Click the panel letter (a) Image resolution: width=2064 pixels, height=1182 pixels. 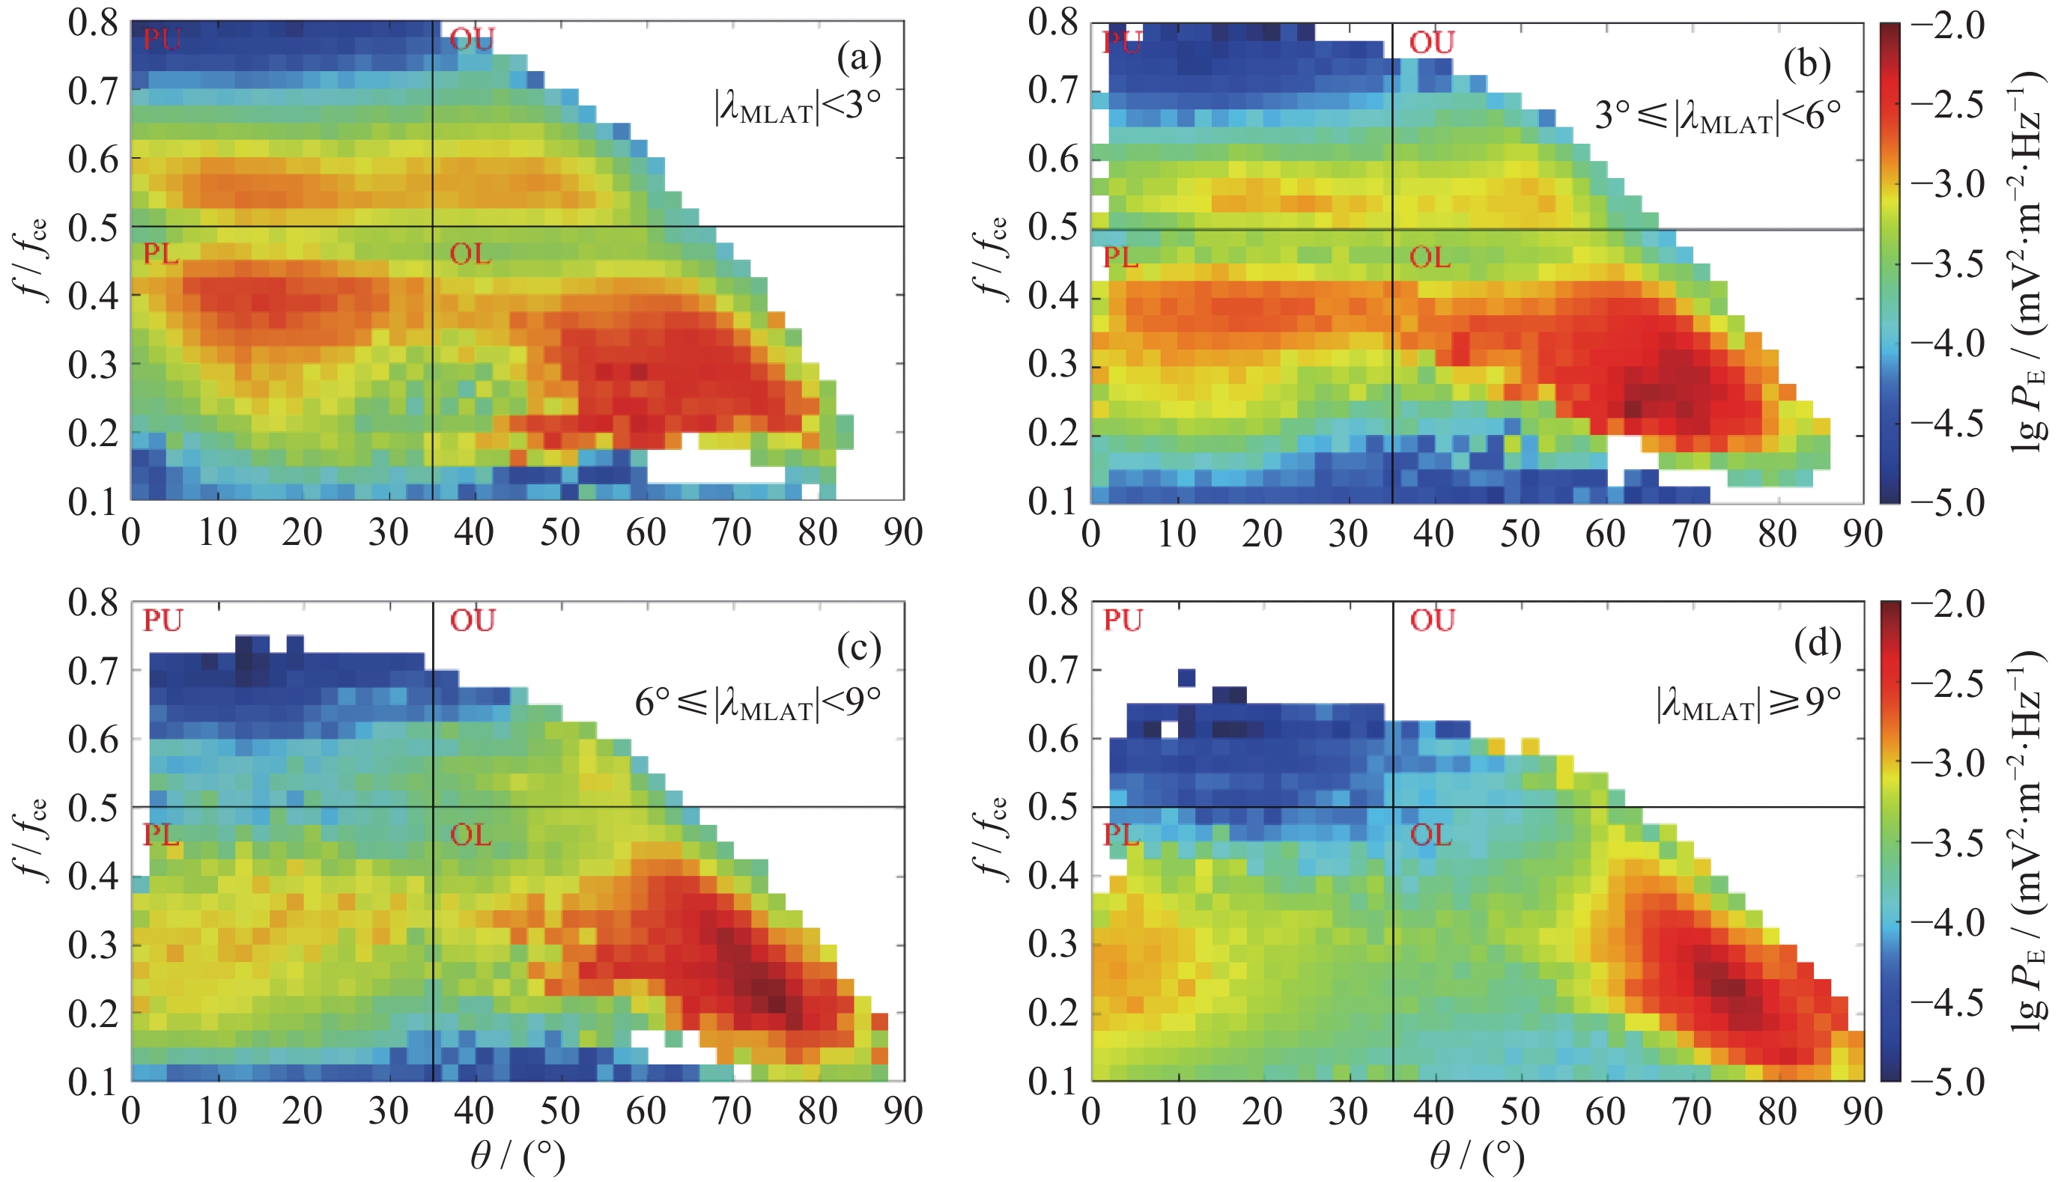point(858,59)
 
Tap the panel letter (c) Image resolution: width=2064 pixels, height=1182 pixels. point(858,647)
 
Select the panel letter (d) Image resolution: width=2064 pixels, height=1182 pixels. point(1818,643)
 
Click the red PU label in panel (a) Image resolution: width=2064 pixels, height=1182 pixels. point(162,39)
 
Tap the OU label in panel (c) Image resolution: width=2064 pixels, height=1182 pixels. point(473,621)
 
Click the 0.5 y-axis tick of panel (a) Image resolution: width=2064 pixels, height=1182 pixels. point(93,228)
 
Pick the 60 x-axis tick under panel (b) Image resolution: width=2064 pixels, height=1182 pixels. point(1605,534)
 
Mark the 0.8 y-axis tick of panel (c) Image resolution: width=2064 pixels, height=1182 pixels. point(93,603)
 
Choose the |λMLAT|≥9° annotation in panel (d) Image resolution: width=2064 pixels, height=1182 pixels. point(1748,702)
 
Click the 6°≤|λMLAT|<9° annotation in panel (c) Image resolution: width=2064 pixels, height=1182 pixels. point(758,702)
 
